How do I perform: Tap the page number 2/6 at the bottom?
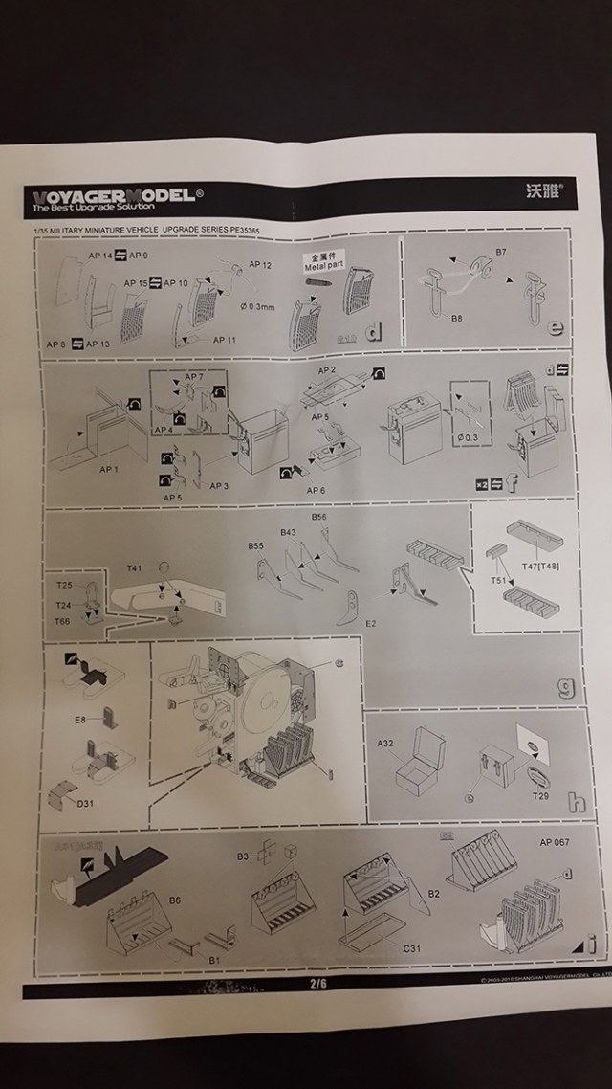[317, 983]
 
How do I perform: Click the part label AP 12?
[261, 264]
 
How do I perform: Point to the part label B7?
[503, 251]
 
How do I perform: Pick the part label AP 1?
[110, 469]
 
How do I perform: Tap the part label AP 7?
[194, 377]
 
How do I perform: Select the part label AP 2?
[327, 369]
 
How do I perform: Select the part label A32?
[386, 743]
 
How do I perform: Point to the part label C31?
[411, 947]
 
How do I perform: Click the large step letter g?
[565, 686]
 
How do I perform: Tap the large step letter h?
[576, 802]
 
